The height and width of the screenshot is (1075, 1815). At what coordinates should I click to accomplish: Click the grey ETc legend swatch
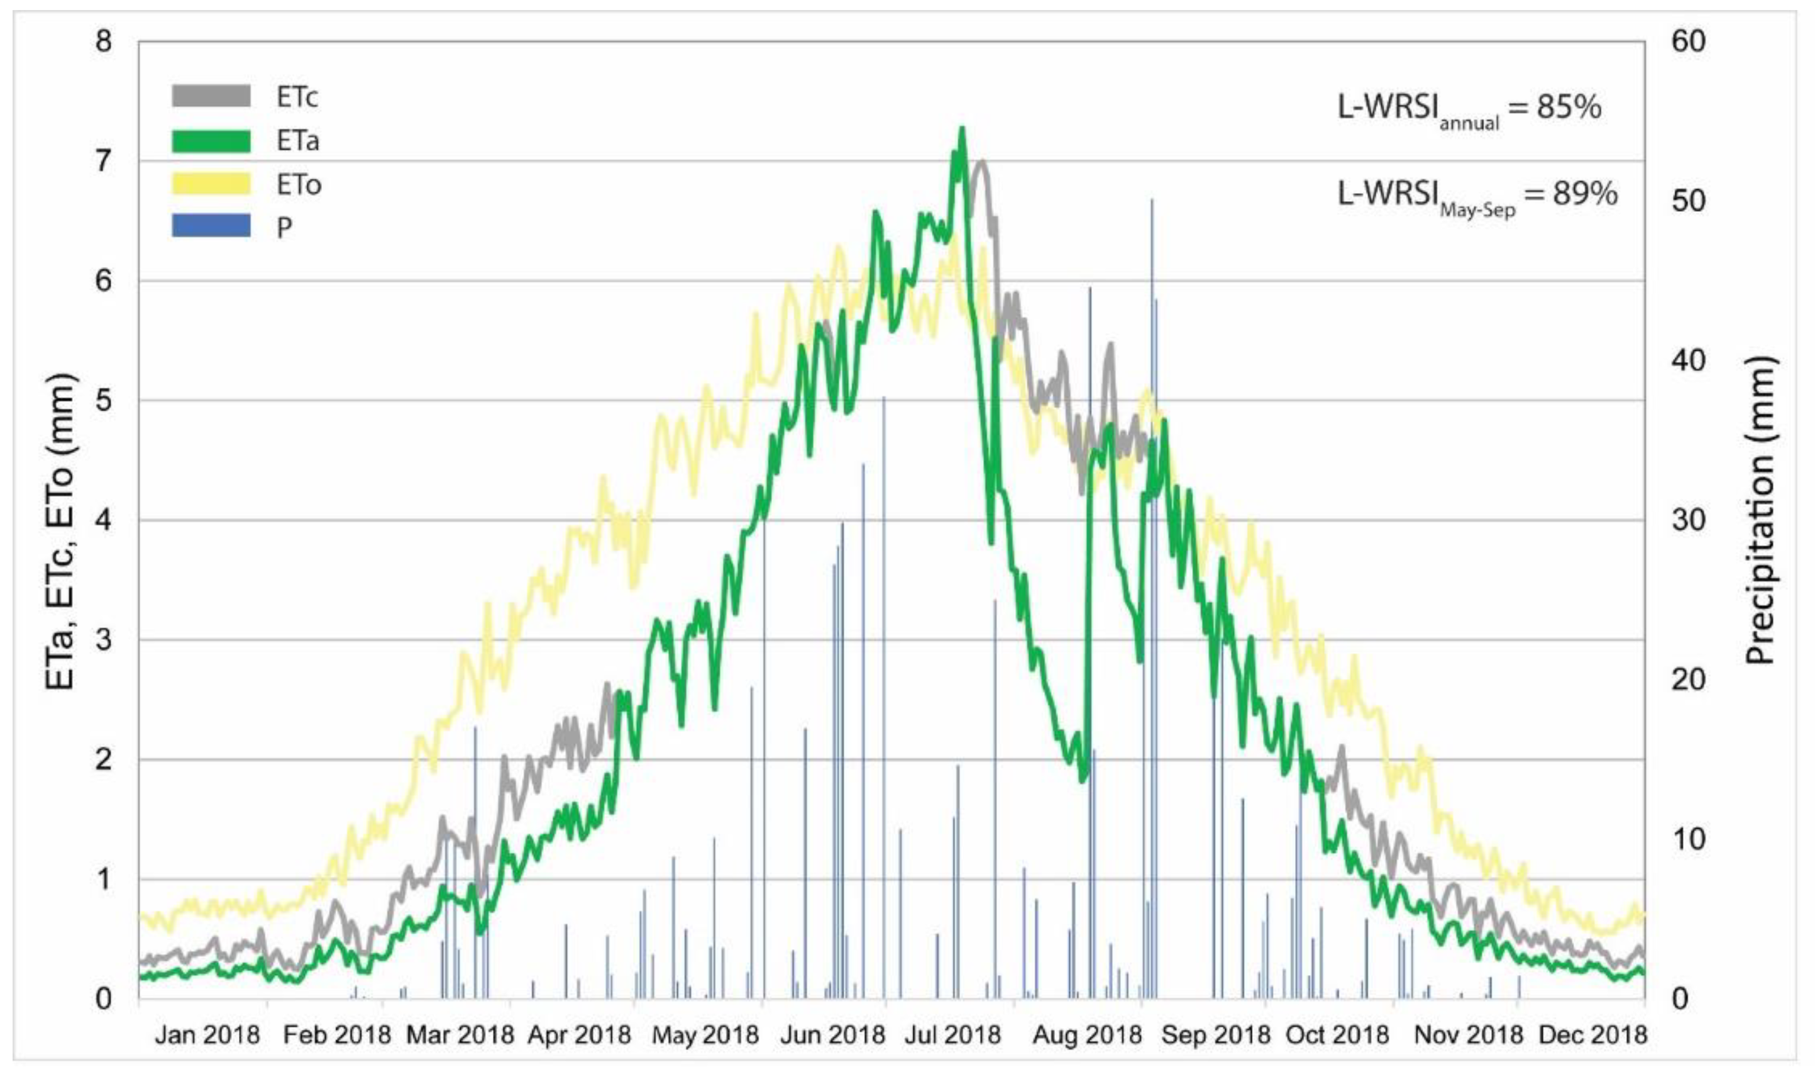point(211,96)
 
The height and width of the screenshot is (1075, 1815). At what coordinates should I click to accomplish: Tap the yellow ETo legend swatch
point(211,184)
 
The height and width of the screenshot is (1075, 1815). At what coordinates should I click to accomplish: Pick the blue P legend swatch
point(211,226)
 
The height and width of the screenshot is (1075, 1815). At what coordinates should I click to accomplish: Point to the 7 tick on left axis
point(104,161)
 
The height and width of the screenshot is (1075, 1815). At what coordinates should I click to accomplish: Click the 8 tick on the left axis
point(104,41)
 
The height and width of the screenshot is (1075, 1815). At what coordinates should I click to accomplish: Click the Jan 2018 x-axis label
point(207,1034)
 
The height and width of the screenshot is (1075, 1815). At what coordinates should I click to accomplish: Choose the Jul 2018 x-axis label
point(952,1034)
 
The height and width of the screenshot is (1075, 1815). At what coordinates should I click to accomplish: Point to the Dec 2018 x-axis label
point(1592,1034)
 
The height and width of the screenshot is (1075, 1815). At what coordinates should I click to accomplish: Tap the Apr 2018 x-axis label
point(580,1034)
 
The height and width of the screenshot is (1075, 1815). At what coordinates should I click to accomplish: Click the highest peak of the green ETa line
point(962,129)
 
